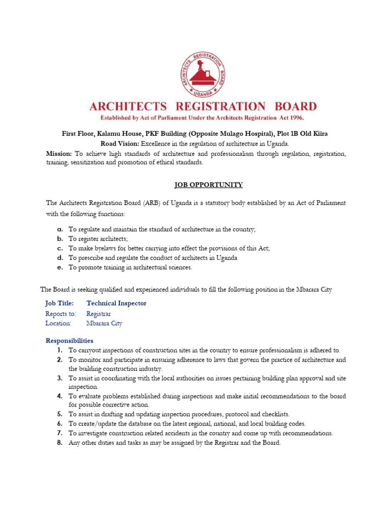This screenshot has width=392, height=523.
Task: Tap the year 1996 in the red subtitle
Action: tap(294, 117)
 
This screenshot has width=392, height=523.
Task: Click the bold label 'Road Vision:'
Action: tap(120, 144)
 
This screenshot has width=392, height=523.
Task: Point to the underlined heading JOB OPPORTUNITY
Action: tap(203, 185)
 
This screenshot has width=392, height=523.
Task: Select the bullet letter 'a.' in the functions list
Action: tap(60, 230)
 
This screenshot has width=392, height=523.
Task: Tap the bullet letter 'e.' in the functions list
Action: tap(60, 267)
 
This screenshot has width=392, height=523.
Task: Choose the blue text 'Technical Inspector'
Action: tap(116, 303)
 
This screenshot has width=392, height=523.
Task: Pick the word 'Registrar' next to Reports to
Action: tap(99, 314)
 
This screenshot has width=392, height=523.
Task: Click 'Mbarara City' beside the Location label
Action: tap(104, 323)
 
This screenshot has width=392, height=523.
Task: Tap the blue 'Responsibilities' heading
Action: tap(69, 341)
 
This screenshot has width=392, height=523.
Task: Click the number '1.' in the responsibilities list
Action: tap(60, 350)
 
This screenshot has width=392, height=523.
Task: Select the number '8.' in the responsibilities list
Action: tap(60, 443)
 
